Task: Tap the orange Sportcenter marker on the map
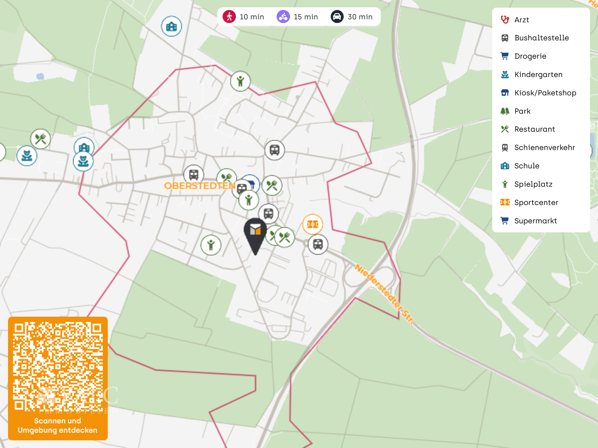pyautogui.click(x=313, y=224)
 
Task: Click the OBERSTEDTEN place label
pyautogui.click(x=200, y=186)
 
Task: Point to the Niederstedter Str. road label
pyautogui.click(x=384, y=293)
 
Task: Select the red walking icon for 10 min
pyautogui.click(x=229, y=17)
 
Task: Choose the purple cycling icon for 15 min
pyautogui.click(x=283, y=17)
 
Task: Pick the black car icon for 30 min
pyautogui.click(x=337, y=17)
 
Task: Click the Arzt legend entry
pyautogui.click(x=522, y=20)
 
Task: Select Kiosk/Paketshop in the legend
pyautogui.click(x=545, y=93)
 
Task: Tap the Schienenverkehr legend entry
pyautogui.click(x=544, y=147)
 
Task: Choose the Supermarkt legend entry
pyautogui.click(x=535, y=221)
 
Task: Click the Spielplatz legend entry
pyautogui.click(x=533, y=184)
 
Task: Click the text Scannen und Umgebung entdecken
pyautogui.click(x=57, y=426)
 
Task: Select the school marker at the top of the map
pyautogui.click(x=172, y=26)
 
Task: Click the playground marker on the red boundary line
pyautogui.click(x=240, y=81)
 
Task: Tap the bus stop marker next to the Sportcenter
pyautogui.click(x=318, y=244)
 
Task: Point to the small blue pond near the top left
pyautogui.click(x=40, y=76)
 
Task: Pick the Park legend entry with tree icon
pyautogui.click(x=522, y=111)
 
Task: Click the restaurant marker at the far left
pyautogui.click(x=41, y=139)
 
